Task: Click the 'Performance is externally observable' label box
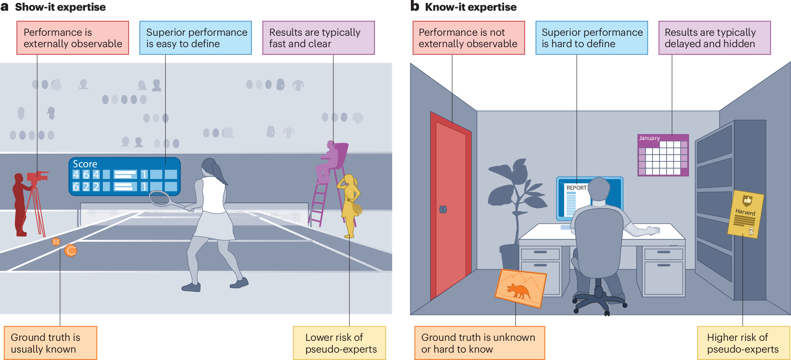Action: click(73, 38)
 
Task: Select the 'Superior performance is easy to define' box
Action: click(196, 38)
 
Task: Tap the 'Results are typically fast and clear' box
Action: click(319, 38)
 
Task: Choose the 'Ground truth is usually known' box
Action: click(50, 343)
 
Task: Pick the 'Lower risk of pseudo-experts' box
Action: click(339, 343)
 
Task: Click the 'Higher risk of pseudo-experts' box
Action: click(743, 343)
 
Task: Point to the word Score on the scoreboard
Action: click(85, 164)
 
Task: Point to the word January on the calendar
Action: click(649, 138)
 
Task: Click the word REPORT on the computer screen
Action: click(576, 188)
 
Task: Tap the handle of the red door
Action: click(443, 210)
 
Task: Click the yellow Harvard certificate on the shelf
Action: click(746, 214)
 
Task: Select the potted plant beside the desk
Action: click(514, 206)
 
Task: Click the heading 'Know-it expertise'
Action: click(471, 7)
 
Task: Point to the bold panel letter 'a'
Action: click(4, 7)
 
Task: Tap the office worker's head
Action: click(600, 190)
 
